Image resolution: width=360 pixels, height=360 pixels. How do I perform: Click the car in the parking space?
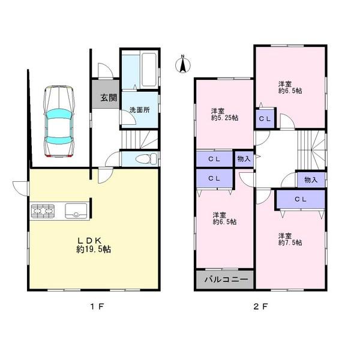click(58, 122)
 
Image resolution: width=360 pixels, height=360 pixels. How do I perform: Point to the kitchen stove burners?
click(44, 211)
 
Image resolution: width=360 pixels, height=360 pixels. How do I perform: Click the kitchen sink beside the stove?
click(75, 211)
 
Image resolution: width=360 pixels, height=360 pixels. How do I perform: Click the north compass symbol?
click(182, 64)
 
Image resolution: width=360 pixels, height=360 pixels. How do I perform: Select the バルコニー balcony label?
click(225, 280)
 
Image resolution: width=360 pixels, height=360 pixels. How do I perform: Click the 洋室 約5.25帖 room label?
click(224, 114)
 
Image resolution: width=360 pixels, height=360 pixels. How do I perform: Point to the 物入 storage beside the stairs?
click(311, 179)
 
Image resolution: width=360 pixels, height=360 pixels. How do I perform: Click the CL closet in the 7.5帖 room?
click(301, 199)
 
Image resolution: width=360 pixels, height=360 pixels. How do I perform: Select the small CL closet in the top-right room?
click(265, 118)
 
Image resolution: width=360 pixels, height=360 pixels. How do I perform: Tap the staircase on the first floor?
click(140, 140)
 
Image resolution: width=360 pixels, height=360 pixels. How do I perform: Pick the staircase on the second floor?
click(311, 149)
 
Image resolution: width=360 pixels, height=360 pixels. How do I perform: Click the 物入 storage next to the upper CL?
click(243, 158)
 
